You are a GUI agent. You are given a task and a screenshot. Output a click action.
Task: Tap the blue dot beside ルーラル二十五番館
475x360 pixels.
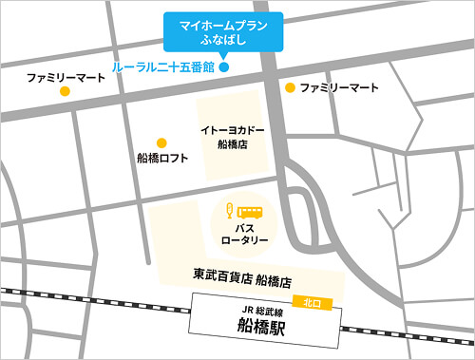tap(224, 67)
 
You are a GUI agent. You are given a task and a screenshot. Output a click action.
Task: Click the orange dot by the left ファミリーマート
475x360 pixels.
tap(65, 91)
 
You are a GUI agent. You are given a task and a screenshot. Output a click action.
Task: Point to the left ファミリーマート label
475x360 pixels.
tap(65, 75)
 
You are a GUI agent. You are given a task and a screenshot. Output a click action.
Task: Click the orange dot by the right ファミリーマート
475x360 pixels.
tap(290, 87)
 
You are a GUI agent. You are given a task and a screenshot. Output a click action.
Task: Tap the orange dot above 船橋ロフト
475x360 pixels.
tap(161, 142)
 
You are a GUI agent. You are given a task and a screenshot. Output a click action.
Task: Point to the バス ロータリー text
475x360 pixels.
tap(244, 234)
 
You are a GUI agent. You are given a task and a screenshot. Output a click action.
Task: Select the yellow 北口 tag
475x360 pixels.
tap(311, 301)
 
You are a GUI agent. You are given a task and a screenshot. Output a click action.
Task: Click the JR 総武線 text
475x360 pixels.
tap(250, 310)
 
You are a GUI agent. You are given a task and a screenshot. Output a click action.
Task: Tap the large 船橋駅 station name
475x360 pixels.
tap(250, 327)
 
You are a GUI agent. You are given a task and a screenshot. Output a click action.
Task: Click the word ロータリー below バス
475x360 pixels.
tap(244, 240)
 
